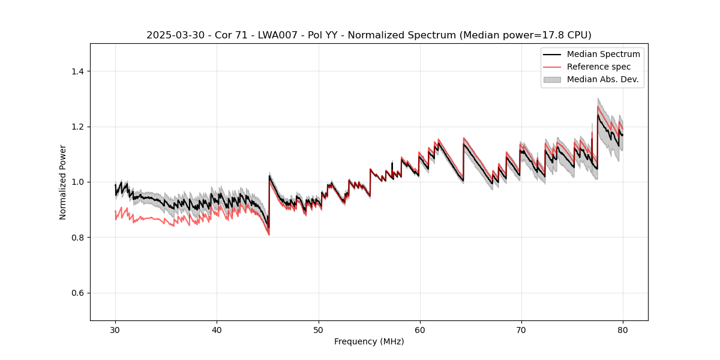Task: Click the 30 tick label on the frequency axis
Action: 115,330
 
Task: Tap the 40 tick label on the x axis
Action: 217,330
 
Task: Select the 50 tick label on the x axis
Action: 318,330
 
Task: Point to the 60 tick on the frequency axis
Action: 419,330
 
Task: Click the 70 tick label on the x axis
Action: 521,330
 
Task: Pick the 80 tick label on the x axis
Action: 622,330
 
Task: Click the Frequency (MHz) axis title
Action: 369,341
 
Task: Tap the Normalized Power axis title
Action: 63,182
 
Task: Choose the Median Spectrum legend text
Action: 603,54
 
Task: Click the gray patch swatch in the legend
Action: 552,79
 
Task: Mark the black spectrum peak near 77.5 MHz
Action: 598,115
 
